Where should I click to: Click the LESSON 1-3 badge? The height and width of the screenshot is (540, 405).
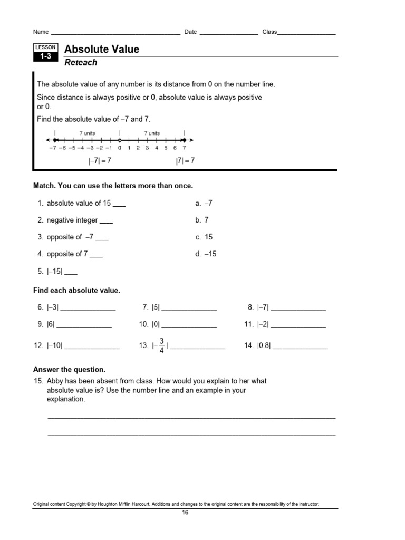pos(45,53)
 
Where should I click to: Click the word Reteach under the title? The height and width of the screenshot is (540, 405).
pos(81,63)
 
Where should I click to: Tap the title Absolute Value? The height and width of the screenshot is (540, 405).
pos(101,50)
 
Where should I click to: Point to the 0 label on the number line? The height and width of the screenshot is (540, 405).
pos(120,148)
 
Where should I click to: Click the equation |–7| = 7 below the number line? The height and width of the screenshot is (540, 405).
pos(100,161)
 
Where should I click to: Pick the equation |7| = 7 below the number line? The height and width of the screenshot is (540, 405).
pos(185,161)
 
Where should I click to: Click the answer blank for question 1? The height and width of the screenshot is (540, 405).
pos(119,205)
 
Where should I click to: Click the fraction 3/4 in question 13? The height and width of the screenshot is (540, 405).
pos(161,346)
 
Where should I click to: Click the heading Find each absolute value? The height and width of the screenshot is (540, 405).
pos(76,291)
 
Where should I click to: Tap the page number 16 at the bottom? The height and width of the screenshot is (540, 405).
pos(185,513)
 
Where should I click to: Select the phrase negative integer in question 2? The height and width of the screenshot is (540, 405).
pos(72,220)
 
